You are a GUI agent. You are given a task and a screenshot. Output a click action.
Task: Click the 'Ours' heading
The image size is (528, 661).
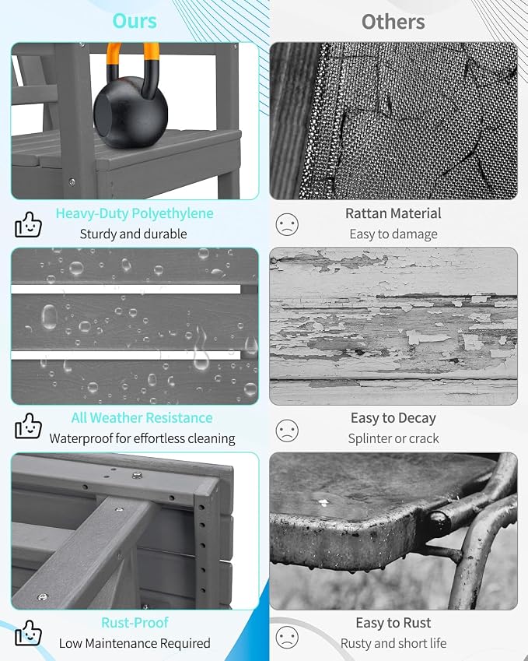click(x=135, y=21)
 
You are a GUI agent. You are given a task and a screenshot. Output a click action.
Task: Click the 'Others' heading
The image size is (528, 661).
click(x=393, y=22)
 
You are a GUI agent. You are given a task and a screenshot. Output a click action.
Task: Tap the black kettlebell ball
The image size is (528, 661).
click(x=131, y=111)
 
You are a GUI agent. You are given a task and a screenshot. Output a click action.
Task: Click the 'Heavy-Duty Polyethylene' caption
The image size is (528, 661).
click(x=135, y=213)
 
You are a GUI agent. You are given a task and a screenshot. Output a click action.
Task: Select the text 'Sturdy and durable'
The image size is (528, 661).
click(x=134, y=234)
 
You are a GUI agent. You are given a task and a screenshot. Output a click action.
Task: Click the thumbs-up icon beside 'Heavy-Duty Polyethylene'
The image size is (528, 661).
click(x=28, y=224)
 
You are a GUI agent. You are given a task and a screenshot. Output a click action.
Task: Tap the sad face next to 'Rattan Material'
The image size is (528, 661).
click(x=287, y=224)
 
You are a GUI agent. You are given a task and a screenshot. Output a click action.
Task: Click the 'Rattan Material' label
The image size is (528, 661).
click(x=393, y=213)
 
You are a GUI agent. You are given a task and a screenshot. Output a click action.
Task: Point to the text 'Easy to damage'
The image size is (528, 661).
click(x=393, y=234)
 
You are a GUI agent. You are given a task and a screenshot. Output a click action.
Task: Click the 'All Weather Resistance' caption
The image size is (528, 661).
click(x=142, y=418)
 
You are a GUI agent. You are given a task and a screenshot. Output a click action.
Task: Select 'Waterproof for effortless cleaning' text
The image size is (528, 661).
click(x=142, y=438)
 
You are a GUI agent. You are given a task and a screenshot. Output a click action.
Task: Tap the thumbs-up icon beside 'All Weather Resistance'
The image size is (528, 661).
click(x=28, y=426)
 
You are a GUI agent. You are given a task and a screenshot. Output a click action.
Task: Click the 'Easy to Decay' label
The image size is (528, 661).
click(x=393, y=418)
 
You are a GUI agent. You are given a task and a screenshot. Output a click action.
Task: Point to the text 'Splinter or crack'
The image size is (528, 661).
click(x=393, y=438)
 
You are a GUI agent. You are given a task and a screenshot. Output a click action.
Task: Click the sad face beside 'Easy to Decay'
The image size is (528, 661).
click(x=287, y=431)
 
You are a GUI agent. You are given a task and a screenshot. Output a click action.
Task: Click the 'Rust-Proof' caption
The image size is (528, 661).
click(x=135, y=623)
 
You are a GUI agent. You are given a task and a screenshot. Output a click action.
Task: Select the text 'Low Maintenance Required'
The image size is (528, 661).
click(x=135, y=643)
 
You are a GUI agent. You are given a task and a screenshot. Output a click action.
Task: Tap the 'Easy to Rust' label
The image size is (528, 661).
click(x=393, y=623)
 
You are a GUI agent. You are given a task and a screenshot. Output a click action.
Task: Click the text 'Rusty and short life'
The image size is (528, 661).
click(x=393, y=643)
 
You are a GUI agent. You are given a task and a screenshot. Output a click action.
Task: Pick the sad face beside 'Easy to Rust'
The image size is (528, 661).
click(x=287, y=638)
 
